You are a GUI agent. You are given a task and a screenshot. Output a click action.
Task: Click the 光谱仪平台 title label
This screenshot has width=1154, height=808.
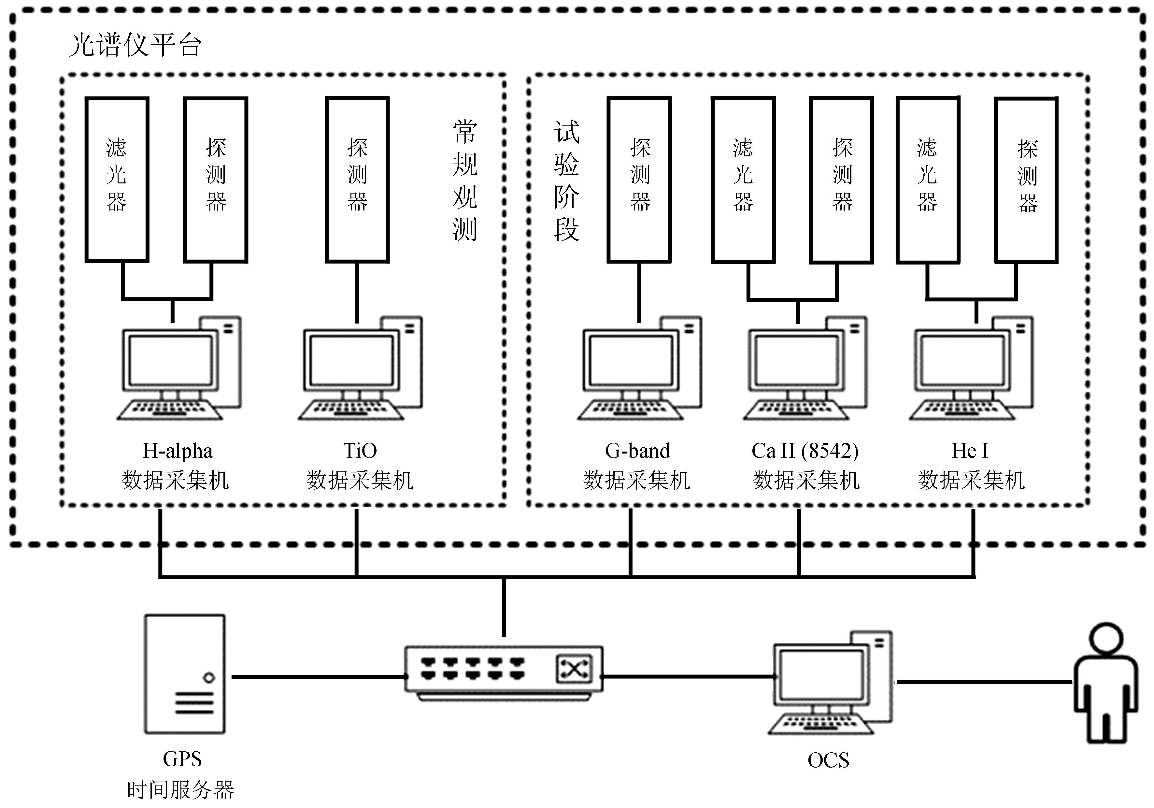135,45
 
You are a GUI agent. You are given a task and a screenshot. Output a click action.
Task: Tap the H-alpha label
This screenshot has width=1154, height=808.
178,451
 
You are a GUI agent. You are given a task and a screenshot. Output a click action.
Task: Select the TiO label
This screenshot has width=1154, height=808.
360,451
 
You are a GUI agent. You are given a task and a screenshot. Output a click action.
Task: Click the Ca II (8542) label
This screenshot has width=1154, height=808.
805,451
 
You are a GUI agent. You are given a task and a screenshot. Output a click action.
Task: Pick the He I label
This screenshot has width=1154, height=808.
970,451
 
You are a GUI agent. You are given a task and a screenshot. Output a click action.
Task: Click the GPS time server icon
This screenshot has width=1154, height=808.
185,674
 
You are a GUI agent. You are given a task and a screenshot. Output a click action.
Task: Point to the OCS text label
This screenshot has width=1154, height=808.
828,760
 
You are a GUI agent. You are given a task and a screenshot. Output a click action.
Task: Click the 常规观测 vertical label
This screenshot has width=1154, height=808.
464,181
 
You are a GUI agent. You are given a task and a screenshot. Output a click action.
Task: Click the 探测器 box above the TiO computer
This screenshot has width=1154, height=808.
357,180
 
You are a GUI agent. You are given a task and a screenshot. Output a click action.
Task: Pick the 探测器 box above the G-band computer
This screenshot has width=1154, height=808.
639,180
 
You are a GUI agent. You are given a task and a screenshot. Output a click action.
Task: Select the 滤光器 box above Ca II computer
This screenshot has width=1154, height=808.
743,180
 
